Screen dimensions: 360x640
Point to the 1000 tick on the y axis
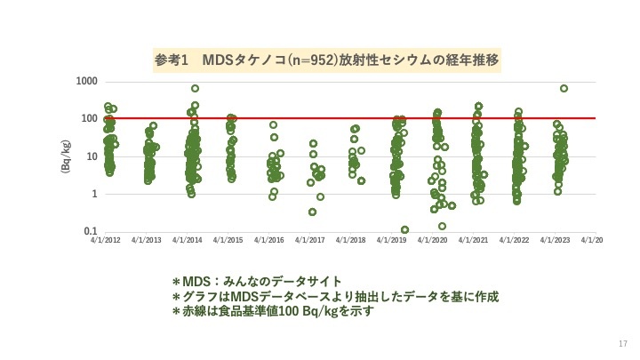coord(87,82)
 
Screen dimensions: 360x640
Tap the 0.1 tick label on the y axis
coord(90,232)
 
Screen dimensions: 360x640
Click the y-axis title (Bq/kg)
coord(66,156)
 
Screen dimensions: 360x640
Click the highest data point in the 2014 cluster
coord(195,88)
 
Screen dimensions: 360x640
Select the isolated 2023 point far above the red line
coord(564,88)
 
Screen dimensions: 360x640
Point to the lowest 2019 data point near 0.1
coord(404,229)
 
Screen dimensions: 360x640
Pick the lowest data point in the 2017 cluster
coord(312,212)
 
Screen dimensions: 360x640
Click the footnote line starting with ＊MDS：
coord(256,281)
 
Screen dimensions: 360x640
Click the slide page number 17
coord(621,344)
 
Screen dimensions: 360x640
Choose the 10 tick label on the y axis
coord(92,156)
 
